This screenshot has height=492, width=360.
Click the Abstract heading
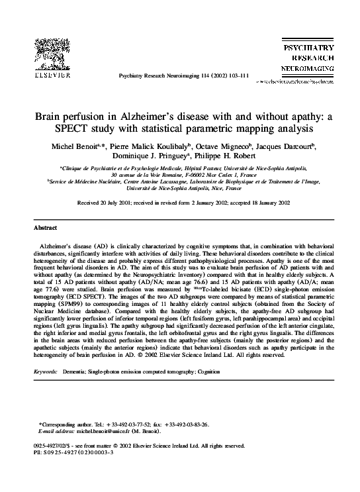tap(46, 228)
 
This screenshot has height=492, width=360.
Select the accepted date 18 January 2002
tap(261, 203)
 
